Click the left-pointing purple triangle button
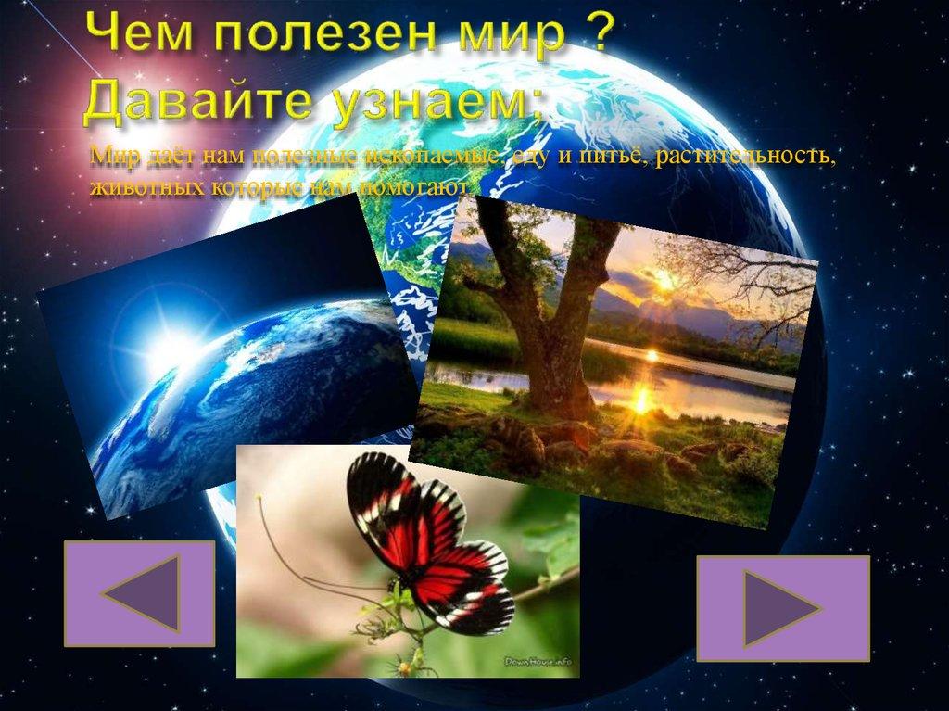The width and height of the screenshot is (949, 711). [139, 594]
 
